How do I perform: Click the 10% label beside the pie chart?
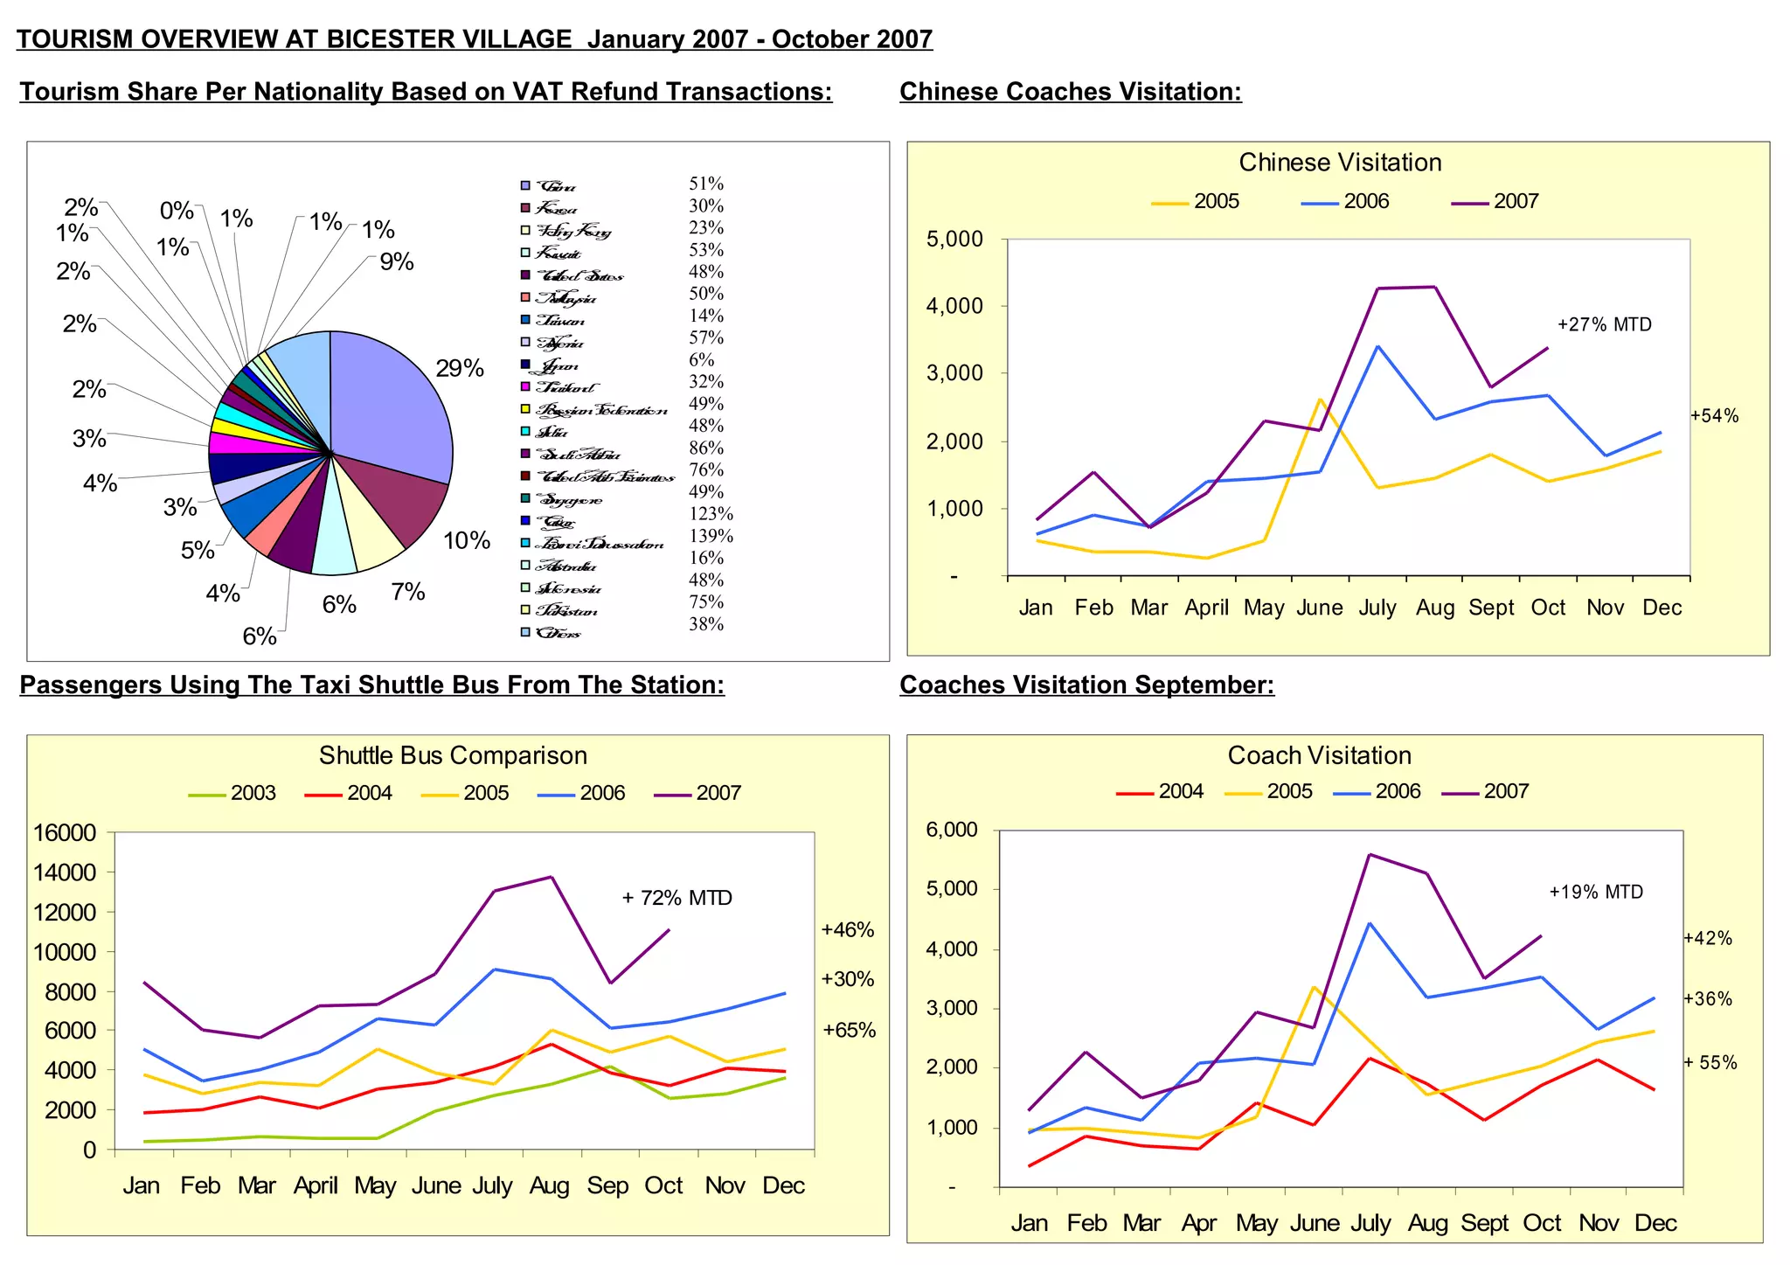point(467,541)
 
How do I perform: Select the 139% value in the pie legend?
point(711,536)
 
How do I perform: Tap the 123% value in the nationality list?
point(711,514)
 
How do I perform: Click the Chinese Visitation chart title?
point(1339,163)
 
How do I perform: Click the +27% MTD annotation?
point(1604,325)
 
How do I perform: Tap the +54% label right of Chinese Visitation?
point(1714,416)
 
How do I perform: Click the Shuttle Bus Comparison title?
point(453,755)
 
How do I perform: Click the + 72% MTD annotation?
point(676,898)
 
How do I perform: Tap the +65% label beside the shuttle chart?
point(849,1030)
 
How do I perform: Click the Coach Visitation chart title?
point(1319,755)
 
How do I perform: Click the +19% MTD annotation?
point(1595,893)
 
